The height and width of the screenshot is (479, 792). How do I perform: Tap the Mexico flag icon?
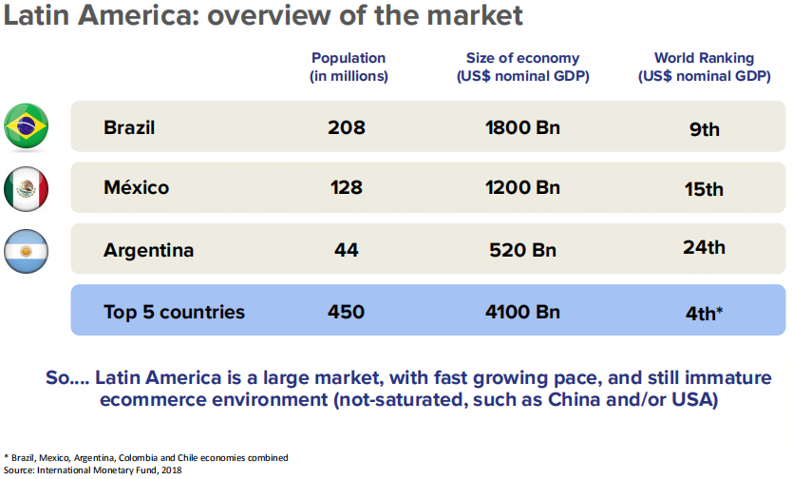tap(27, 188)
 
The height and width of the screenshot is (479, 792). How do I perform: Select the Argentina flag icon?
tap(27, 251)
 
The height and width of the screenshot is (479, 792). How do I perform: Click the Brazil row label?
tap(129, 127)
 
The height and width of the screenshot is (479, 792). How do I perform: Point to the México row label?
tap(136, 188)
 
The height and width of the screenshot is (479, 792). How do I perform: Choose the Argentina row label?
tap(148, 251)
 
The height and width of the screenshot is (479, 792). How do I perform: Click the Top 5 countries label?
tap(174, 312)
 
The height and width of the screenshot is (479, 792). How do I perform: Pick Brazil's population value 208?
tap(347, 127)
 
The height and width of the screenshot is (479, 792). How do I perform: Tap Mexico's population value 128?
tap(346, 188)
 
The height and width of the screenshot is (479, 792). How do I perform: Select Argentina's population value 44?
tap(346, 251)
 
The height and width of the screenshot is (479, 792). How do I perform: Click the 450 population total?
tap(346, 312)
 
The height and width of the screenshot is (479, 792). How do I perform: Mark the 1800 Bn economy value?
tap(522, 127)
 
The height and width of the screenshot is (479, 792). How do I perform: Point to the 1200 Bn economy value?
tap(522, 188)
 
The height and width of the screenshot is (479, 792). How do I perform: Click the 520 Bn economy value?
tap(523, 251)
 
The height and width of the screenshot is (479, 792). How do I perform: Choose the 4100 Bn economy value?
tap(522, 312)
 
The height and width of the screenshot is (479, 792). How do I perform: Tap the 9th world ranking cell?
tap(705, 129)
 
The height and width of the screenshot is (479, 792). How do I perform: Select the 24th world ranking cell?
tap(704, 248)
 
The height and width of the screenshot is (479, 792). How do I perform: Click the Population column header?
tap(349, 67)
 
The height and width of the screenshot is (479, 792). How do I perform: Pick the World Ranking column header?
tap(704, 67)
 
